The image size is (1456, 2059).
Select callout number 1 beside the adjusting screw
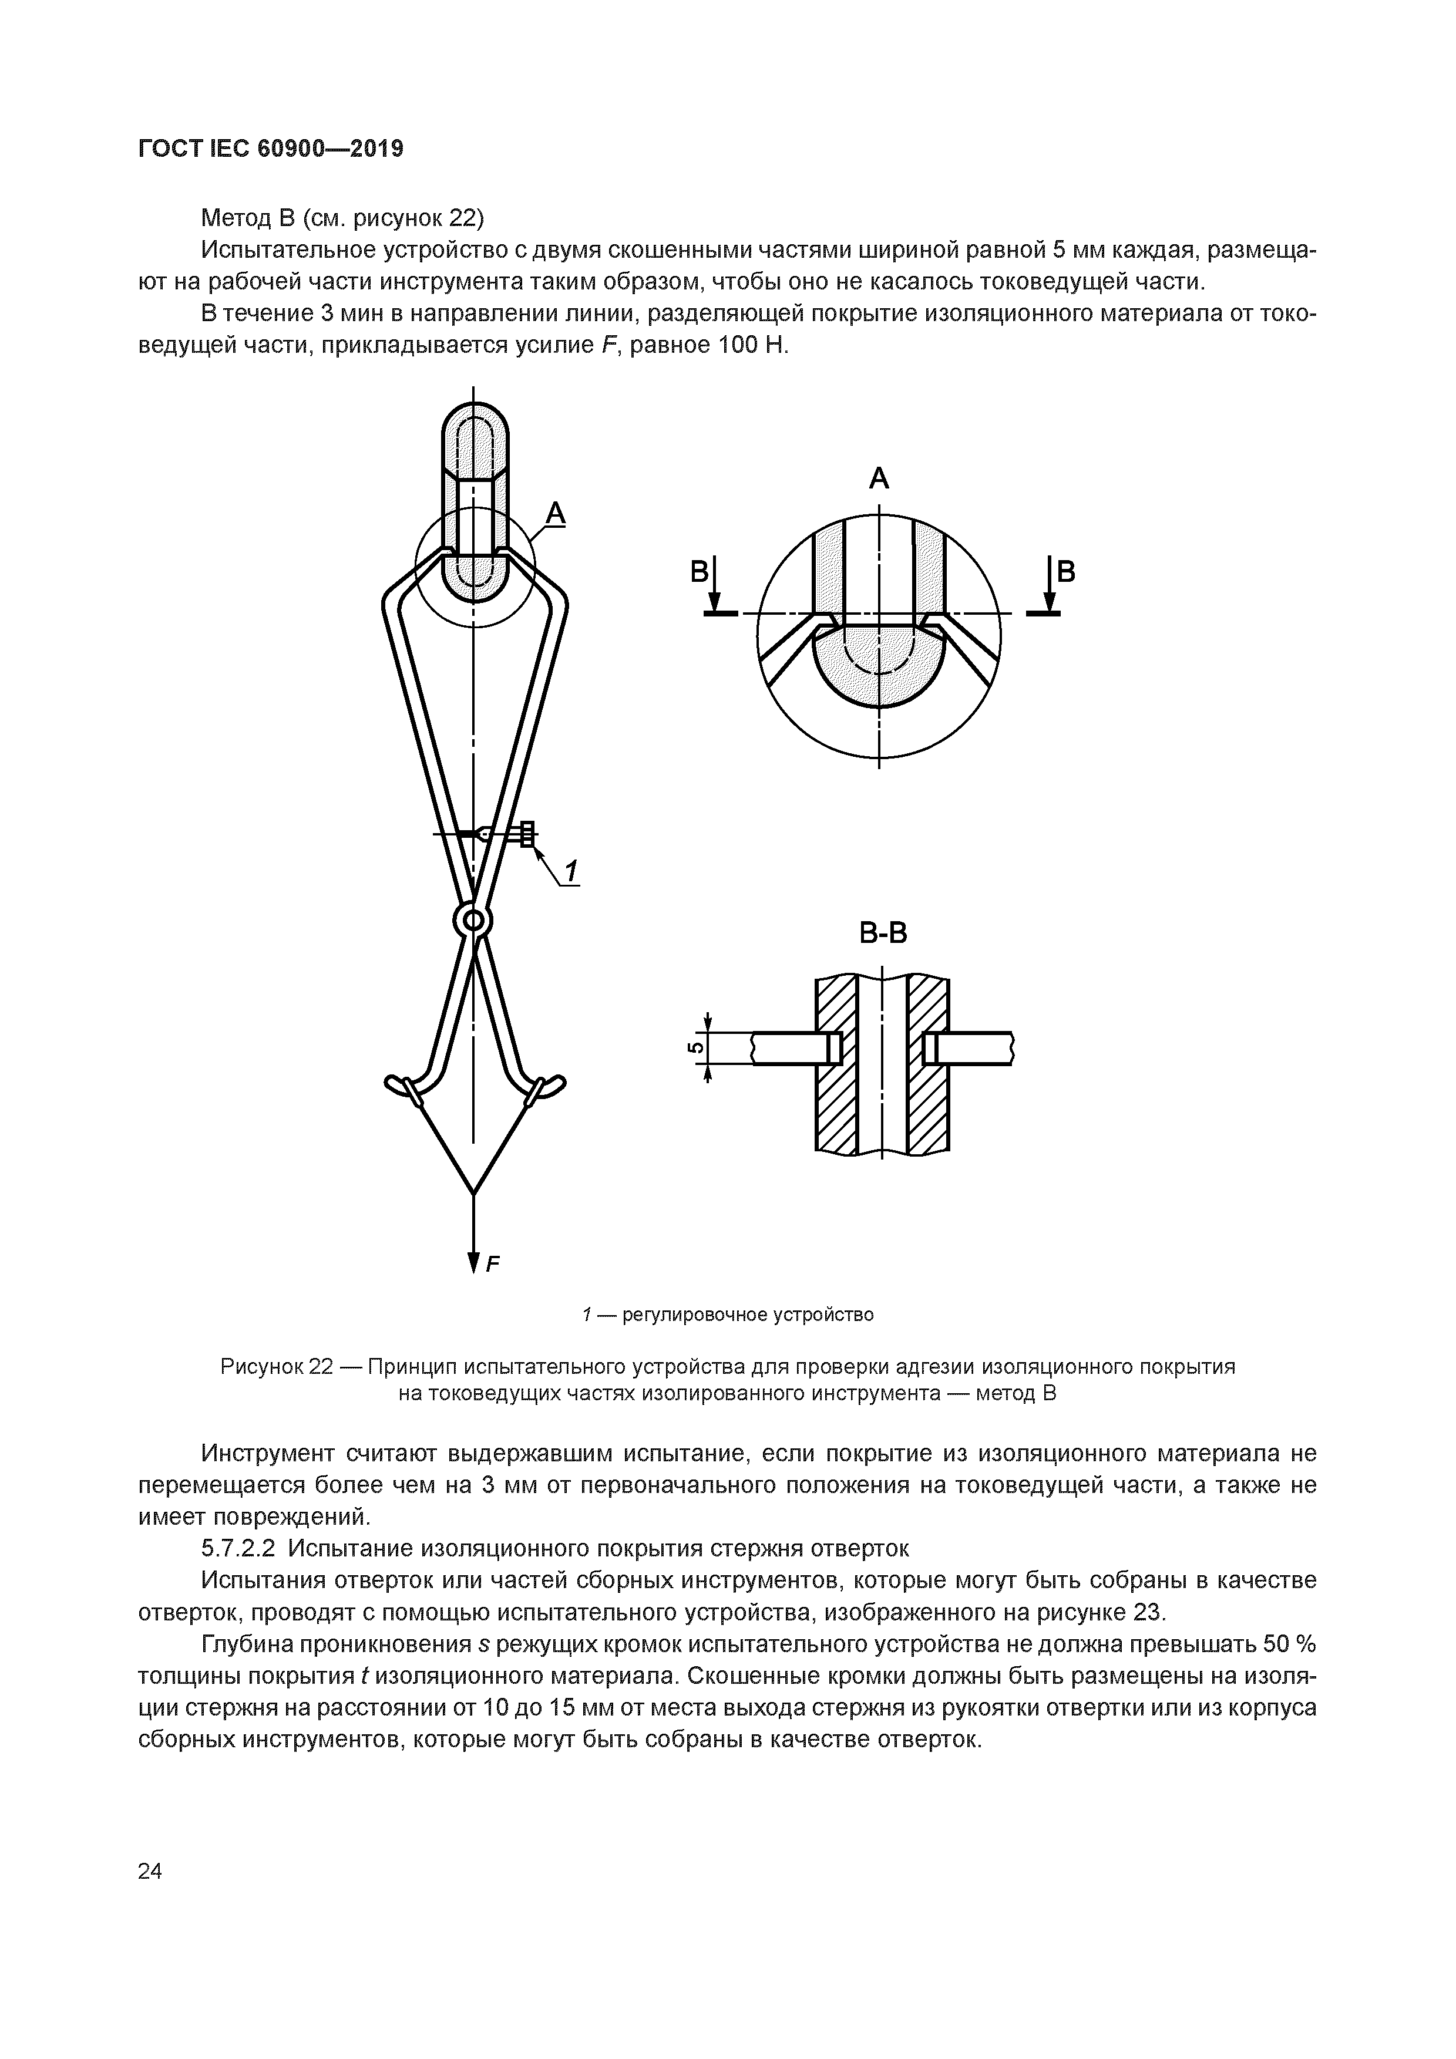pyautogui.click(x=570, y=870)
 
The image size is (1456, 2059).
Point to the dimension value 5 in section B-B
pyautogui.click(x=692, y=1047)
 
